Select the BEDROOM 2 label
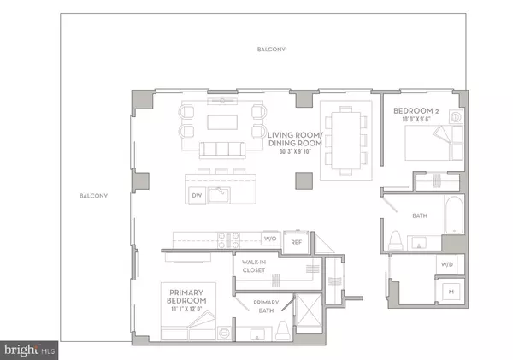click(416, 112)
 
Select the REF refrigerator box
click(296, 241)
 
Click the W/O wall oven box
click(270, 239)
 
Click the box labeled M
click(450, 291)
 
